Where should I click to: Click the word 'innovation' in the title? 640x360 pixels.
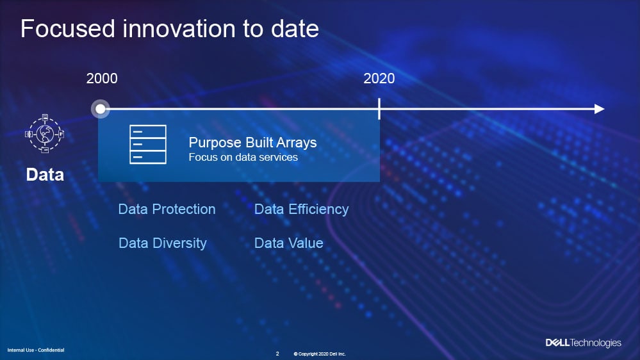(x=179, y=29)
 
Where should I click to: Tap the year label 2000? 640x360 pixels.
(x=102, y=78)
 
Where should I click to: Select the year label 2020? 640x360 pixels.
(x=379, y=78)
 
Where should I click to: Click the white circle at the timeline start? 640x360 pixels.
(x=100, y=109)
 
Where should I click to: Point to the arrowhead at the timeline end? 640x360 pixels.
(x=599, y=109)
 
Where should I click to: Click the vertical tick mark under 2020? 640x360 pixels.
(x=379, y=108)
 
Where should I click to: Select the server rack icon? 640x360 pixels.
(x=148, y=145)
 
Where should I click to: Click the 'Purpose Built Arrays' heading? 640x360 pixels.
(x=252, y=142)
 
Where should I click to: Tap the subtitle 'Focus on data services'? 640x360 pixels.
(x=243, y=157)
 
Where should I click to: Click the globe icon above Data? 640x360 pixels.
(x=44, y=133)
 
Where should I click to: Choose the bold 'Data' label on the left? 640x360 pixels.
(x=45, y=175)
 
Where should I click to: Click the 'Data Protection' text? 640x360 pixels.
(x=167, y=209)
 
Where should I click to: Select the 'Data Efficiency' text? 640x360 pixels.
(x=302, y=209)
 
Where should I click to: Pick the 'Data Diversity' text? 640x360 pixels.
(x=163, y=243)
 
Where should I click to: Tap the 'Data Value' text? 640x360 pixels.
(x=288, y=243)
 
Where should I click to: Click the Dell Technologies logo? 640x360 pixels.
(x=583, y=343)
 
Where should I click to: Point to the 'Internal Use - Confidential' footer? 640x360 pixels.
(x=36, y=350)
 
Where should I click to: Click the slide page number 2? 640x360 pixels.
(x=277, y=354)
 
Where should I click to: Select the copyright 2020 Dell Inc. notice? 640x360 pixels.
(x=320, y=354)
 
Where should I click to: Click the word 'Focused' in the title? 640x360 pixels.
(x=68, y=29)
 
